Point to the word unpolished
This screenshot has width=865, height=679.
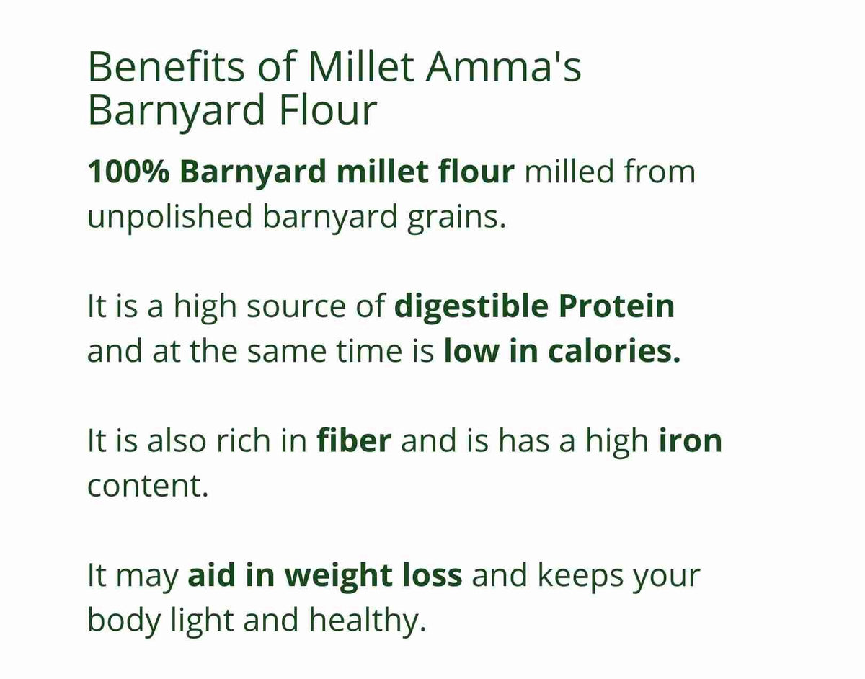169,217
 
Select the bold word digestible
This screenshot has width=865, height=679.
471,306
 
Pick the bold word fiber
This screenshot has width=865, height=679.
354,440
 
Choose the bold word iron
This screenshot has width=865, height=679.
691,440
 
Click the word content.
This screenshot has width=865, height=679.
148,485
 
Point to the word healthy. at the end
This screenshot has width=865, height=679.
375,619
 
